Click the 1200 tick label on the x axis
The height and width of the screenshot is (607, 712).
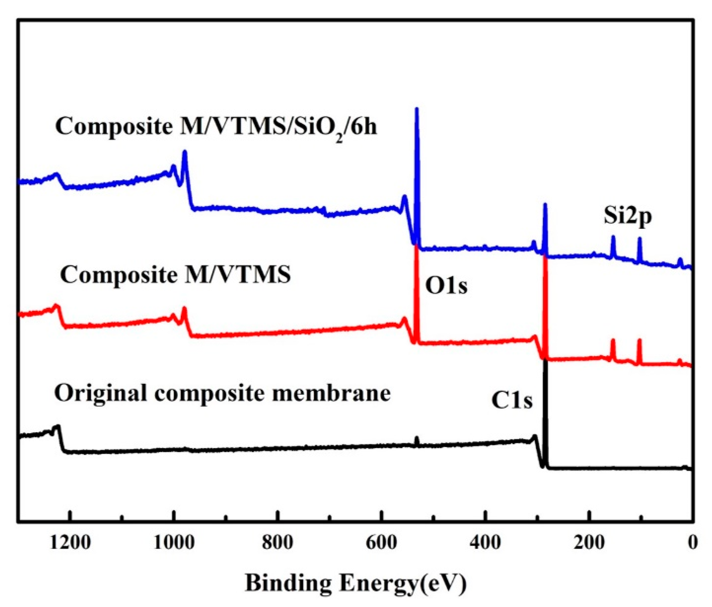[x=70, y=543]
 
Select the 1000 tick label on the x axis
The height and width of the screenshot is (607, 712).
[x=174, y=543]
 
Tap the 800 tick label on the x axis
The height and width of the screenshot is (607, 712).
[x=277, y=543]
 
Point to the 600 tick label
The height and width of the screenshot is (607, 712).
[x=381, y=543]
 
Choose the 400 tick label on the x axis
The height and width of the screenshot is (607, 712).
[x=485, y=543]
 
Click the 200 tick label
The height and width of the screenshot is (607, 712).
[x=589, y=543]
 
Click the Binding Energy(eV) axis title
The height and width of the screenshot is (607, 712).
[x=356, y=583]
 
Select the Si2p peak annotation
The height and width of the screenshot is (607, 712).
[x=628, y=216]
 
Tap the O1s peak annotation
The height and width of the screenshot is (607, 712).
[x=446, y=286]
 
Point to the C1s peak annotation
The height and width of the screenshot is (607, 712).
[x=512, y=401]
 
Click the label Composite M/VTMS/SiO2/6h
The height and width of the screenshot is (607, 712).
[x=216, y=127]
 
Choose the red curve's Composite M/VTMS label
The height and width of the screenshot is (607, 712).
[x=175, y=275]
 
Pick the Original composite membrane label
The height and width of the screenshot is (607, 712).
[x=222, y=393]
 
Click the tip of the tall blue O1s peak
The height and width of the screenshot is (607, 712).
[x=417, y=109]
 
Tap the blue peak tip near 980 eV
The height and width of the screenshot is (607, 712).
[x=185, y=152]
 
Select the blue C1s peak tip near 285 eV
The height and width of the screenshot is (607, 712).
[x=545, y=205]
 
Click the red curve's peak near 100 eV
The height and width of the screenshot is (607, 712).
[x=639, y=341]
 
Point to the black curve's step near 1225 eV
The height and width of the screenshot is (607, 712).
[x=58, y=427]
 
